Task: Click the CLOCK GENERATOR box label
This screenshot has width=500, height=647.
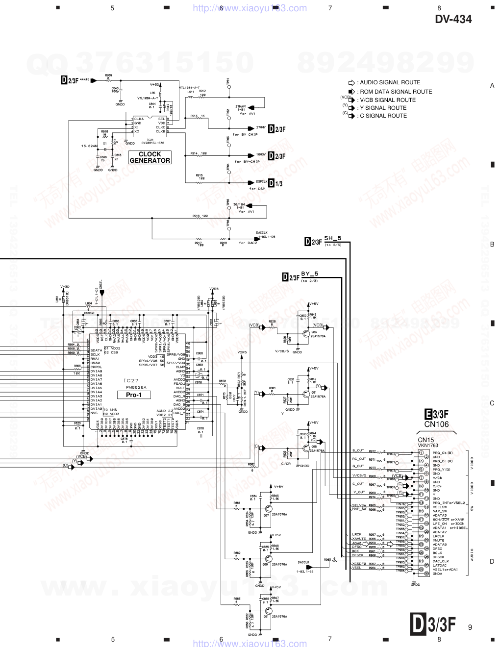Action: (150, 157)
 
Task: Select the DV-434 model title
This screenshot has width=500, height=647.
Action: (453, 19)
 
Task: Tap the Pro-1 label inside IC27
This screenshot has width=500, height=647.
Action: (133, 395)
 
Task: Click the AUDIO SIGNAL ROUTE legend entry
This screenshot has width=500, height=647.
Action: (390, 83)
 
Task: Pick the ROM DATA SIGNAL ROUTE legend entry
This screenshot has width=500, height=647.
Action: (396, 92)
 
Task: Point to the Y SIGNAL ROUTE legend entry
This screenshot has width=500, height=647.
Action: (383, 108)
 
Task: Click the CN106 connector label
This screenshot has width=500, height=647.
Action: (436, 424)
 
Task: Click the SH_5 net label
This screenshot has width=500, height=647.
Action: (332, 239)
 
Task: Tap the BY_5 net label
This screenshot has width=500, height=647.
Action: (309, 274)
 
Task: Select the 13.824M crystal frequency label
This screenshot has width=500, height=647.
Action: (90, 146)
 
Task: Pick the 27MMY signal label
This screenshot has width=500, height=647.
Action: (261, 127)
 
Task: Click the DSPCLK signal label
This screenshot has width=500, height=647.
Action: (262, 181)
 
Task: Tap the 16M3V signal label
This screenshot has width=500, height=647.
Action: (261, 154)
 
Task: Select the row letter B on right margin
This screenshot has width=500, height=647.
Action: (492, 244)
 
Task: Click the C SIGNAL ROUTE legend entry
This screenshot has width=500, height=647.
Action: (383, 116)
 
